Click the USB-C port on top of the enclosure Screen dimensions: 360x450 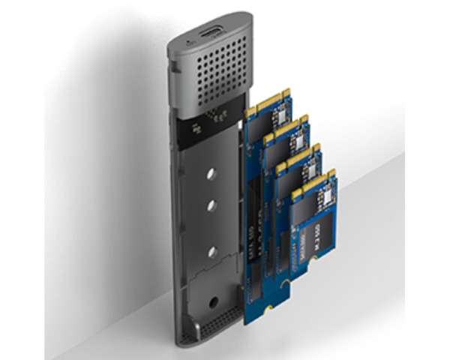click(208, 35)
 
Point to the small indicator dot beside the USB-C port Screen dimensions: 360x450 click(183, 44)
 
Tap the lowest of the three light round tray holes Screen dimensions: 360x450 click(213, 253)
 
